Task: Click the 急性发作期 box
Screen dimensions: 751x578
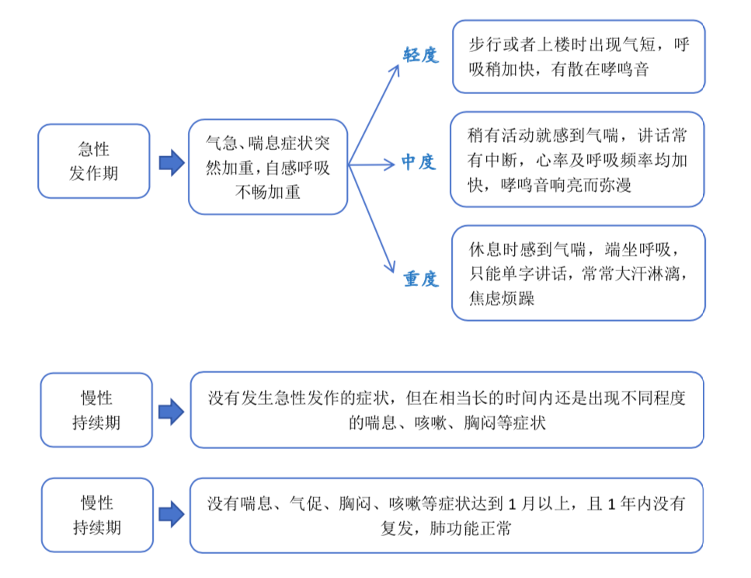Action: click(x=94, y=161)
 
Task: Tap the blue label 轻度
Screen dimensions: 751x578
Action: click(x=420, y=55)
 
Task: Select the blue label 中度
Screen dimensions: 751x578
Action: click(x=418, y=162)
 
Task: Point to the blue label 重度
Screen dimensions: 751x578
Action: click(x=420, y=278)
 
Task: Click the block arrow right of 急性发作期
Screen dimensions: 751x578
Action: click(x=172, y=163)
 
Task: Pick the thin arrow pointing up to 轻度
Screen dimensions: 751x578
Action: click(x=374, y=115)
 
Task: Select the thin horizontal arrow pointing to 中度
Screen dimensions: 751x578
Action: click(x=372, y=165)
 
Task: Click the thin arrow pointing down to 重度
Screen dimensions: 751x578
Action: click(x=372, y=219)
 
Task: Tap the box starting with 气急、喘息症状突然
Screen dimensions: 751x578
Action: click(x=268, y=167)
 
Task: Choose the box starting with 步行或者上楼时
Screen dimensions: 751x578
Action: click(x=579, y=57)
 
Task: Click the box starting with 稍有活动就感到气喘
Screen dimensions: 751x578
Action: click(x=577, y=159)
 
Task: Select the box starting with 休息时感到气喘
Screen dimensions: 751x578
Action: click(x=579, y=273)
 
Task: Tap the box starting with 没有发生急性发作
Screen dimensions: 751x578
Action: click(x=447, y=409)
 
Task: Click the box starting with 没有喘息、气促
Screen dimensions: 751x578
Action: click(x=447, y=515)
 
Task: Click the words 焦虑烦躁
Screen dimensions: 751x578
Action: click(x=502, y=298)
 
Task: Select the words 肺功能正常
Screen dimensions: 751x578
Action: click(x=471, y=528)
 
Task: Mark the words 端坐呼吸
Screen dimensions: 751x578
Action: click(x=638, y=249)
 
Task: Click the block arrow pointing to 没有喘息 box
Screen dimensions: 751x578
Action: click(x=172, y=515)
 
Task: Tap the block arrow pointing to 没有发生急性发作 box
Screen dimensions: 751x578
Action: click(x=172, y=412)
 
